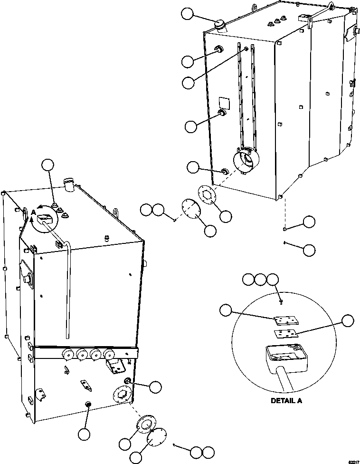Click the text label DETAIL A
[286, 401]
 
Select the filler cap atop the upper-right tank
[220, 25]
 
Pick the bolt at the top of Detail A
[282, 301]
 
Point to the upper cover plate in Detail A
[286, 320]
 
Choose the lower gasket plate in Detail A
[286, 334]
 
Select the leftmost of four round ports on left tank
[67, 354]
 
